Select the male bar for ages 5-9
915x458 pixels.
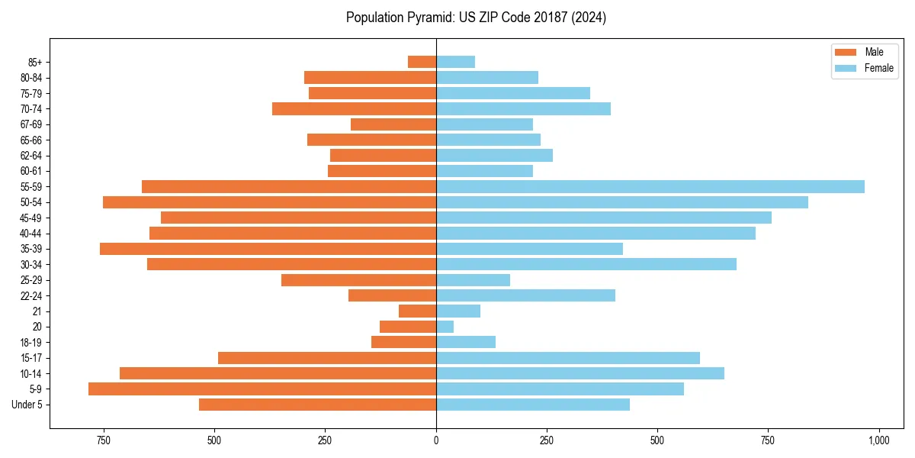[262, 389]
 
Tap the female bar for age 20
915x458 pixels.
[445, 327]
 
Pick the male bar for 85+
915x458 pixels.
[422, 62]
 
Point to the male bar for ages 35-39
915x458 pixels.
[268, 249]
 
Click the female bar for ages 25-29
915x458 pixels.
[473, 280]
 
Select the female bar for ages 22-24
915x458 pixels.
[525, 295]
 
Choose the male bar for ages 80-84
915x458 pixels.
[370, 77]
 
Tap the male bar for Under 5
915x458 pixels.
[317, 405]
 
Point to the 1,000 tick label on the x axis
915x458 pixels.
[878, 440]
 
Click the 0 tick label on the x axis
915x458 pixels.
[436, 440]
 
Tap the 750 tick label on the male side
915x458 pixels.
[104, 440]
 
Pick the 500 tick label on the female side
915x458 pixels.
[657, 440]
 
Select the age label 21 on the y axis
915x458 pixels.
[37, 311]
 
